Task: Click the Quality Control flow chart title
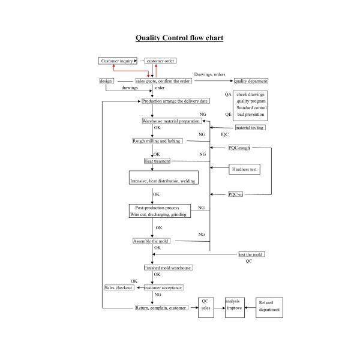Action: [x=179, y=38]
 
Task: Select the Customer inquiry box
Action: [x=118, y=61]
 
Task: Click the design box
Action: [x=106, y=81]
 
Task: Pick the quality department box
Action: [x=251, y=81]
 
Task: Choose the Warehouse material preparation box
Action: [x=171, y=121]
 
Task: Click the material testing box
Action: [x=249, y=128]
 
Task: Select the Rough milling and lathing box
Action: [x=156, y=141]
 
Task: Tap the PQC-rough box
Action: [x=239, y=148]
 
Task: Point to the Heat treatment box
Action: [x=157, y=161]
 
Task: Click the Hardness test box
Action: [x=244, y=169]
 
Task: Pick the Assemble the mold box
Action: [x=151, y=241]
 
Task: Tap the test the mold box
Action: [x=251, y=254]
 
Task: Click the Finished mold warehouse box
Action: [x=167, y=268]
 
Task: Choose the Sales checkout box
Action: [x=119, y=288]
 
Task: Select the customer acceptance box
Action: [x=163, y=288]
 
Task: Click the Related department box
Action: [x=269, y=307]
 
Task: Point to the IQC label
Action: [x=225, y=134]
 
